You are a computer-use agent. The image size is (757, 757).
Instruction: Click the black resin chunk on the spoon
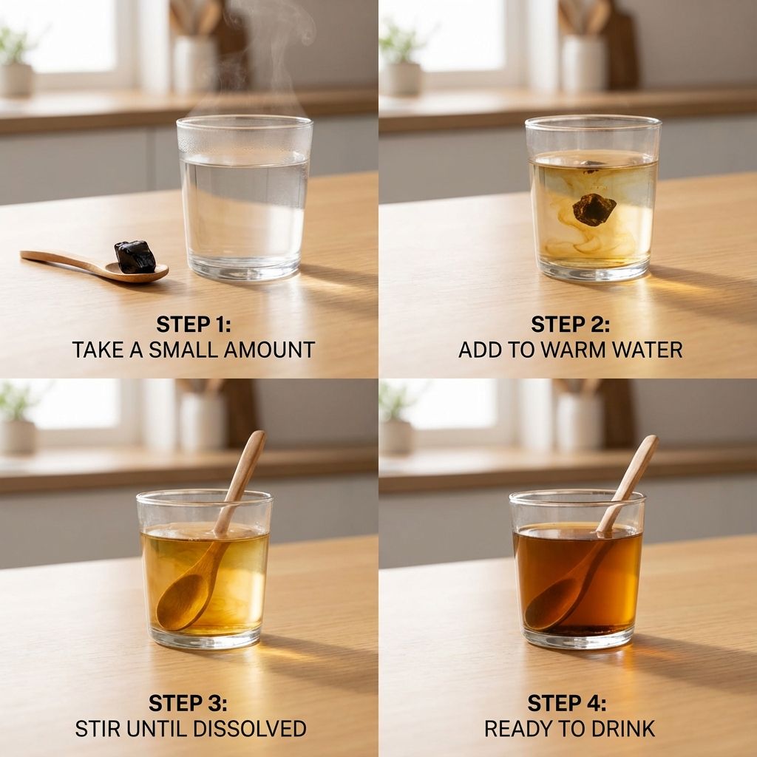(x=135, y=257)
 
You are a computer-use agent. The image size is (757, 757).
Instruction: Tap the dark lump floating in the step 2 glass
(x=594, y=209)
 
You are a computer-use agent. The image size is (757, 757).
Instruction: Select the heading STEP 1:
(x=194, y=324)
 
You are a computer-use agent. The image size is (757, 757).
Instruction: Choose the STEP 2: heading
(x=570, y=324)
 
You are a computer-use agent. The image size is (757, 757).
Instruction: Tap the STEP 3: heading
(x=188, y=703)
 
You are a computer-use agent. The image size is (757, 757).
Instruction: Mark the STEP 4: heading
(x=567, y=703)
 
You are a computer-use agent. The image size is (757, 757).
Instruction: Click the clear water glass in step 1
(x=244, y=198)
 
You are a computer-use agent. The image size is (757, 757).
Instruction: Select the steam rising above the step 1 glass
(x=271, y=53)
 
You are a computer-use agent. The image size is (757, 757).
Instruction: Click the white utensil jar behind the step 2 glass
(x=583, y=64)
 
